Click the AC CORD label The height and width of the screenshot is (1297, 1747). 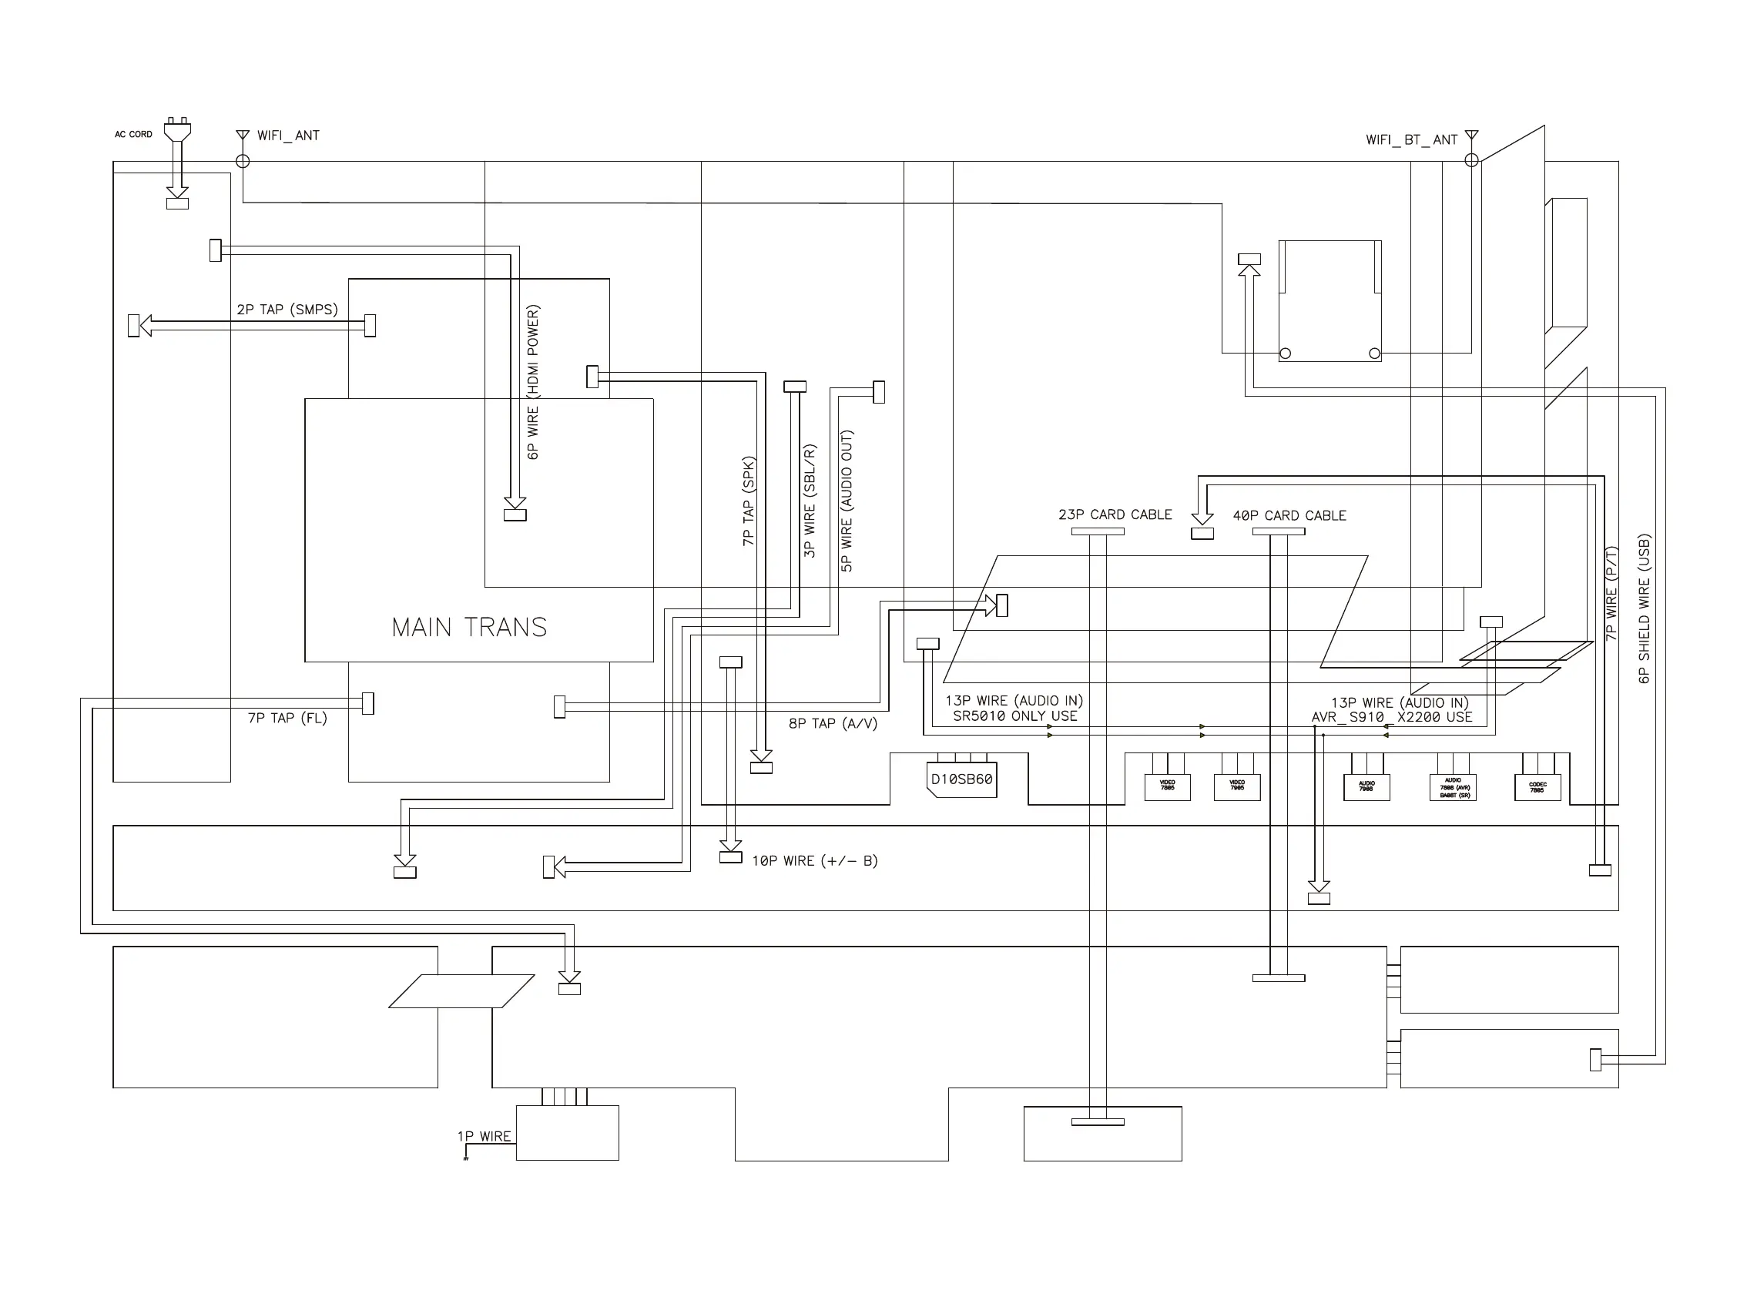point(132,134)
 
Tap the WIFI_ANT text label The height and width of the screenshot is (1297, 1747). point(287,136)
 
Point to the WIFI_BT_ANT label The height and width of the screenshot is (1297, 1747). point(1411,139)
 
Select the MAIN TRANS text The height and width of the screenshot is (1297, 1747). point(469,627)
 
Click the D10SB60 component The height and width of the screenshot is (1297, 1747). point(961,779)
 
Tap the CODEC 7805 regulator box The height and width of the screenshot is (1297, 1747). point(1537,786)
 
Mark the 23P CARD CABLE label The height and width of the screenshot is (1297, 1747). point(1114,515)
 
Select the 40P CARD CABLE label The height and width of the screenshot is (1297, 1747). point(1289,516)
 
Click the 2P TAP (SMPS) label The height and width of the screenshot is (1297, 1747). point(287,310)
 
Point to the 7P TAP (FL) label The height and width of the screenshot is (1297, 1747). point(287,719)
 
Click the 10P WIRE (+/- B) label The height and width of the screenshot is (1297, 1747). point(814,861)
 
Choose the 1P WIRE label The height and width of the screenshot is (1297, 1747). point(484,1137)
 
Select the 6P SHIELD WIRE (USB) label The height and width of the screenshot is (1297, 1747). point(1643,608)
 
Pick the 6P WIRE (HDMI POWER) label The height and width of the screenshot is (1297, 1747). point(533,382)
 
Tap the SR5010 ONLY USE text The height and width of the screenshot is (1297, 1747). point(1014,716)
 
